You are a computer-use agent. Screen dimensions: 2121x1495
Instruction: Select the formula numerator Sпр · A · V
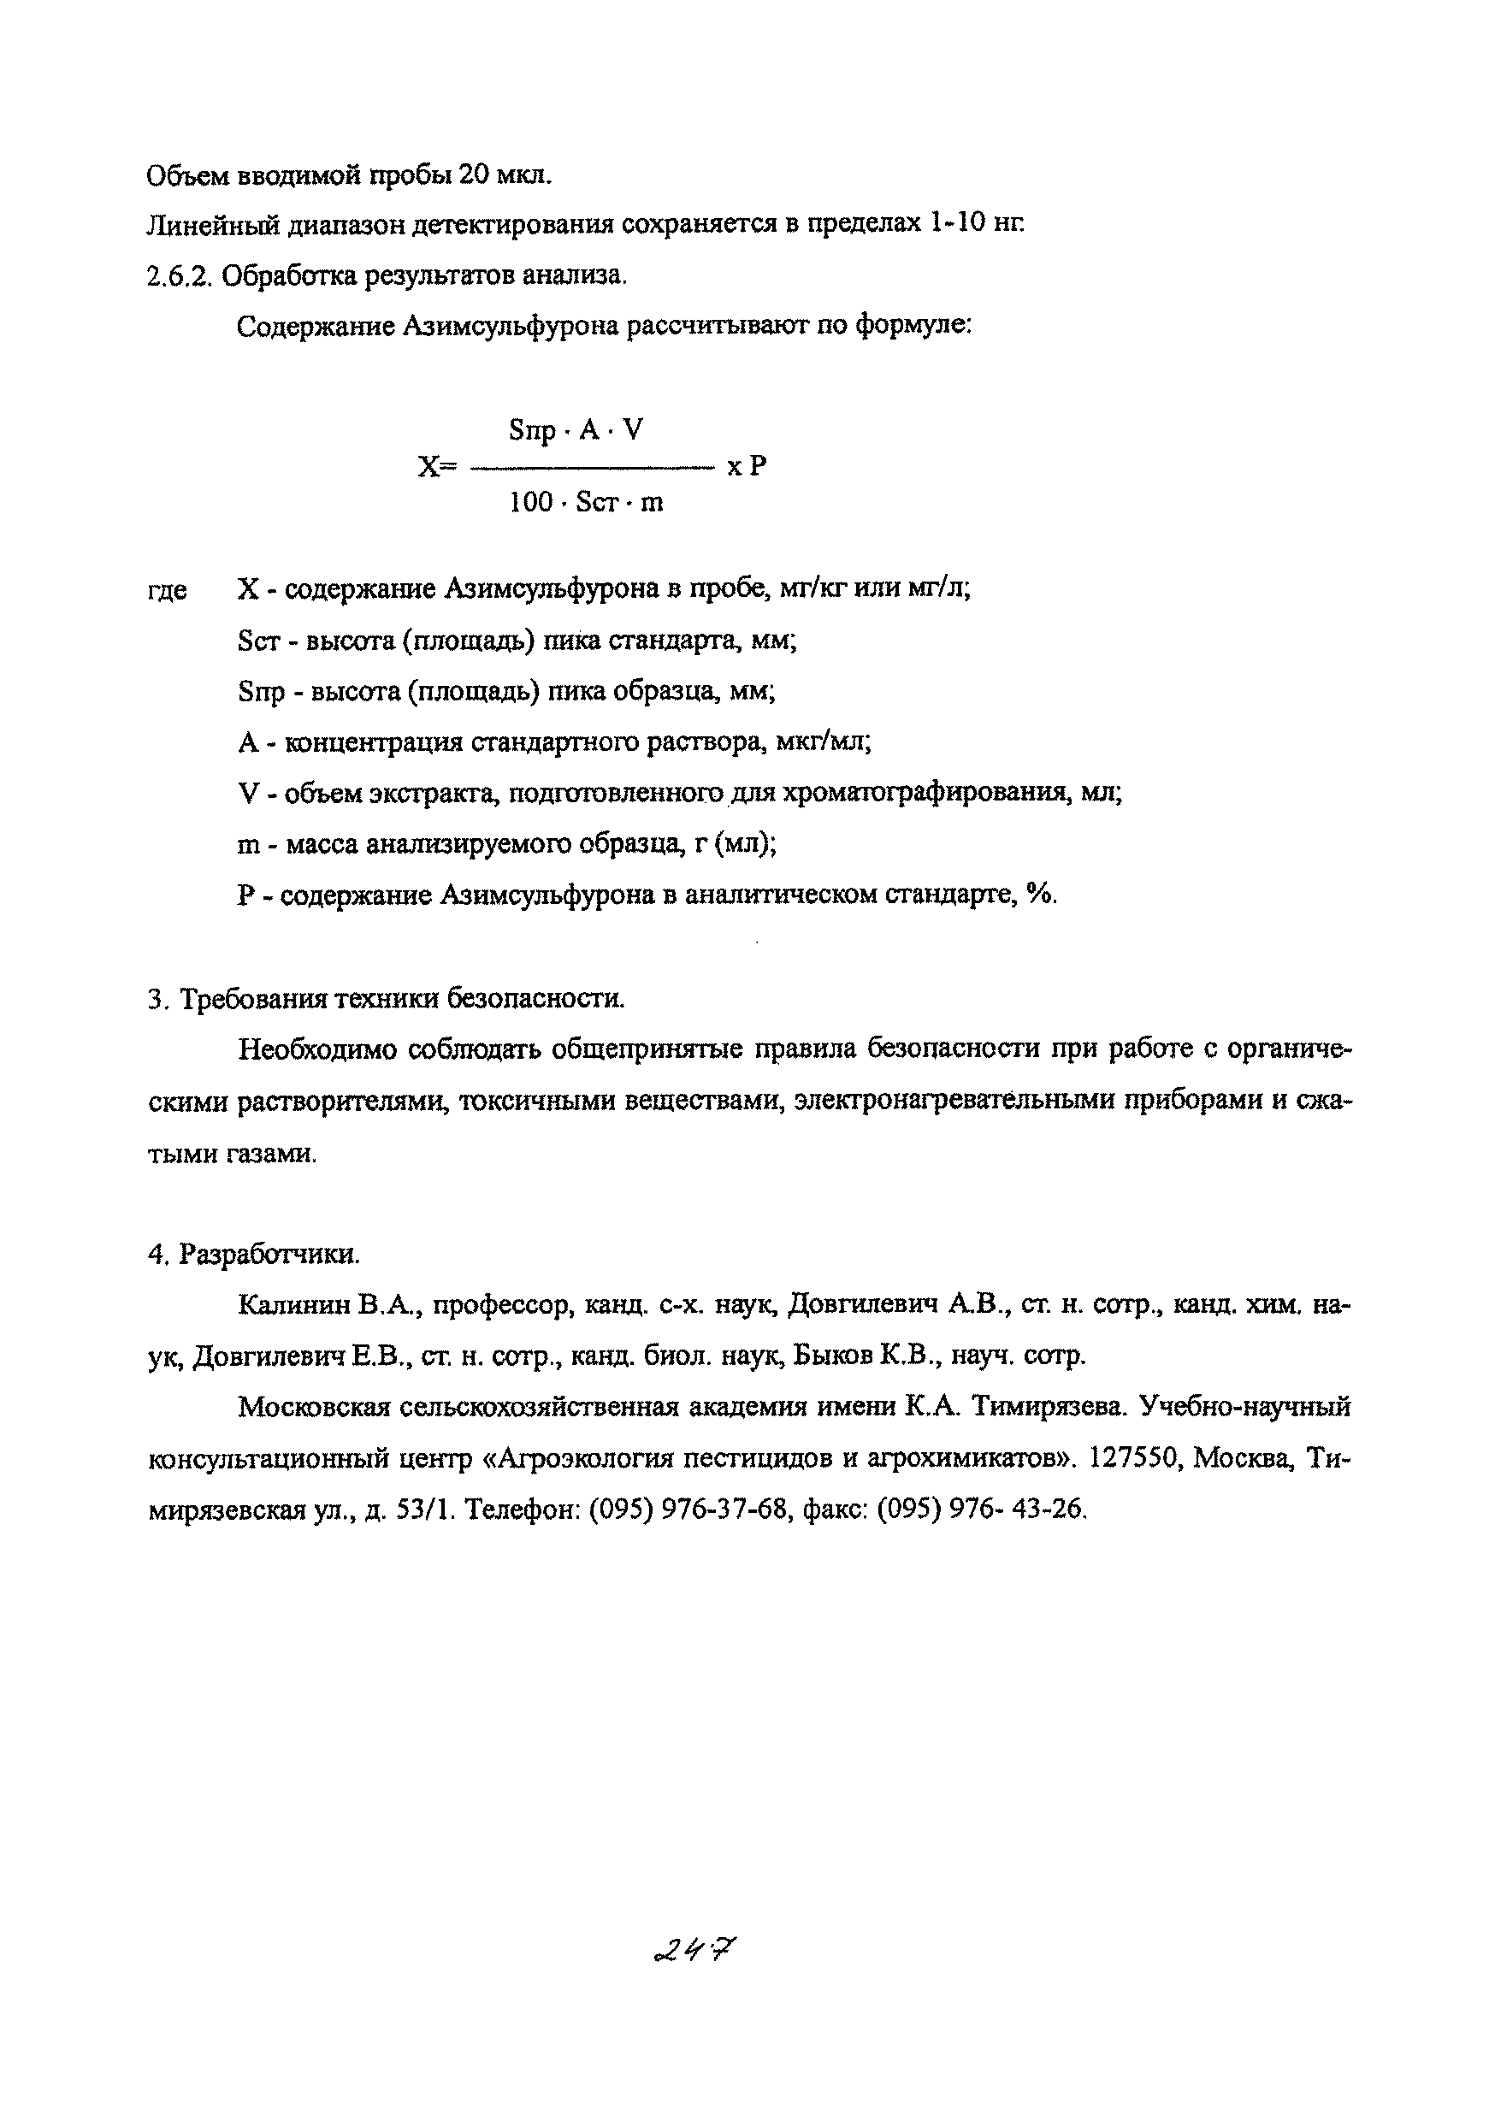[576, 429]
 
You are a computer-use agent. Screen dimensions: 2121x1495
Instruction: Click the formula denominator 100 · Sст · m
[586, 503]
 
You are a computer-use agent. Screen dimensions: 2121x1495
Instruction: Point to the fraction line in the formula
[593, 469]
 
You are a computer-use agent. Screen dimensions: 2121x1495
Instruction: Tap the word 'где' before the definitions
[168, 590]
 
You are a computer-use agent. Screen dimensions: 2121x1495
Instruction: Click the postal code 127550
[1137, 1457]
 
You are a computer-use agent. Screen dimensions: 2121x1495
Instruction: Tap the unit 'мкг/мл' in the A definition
[824, 741]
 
